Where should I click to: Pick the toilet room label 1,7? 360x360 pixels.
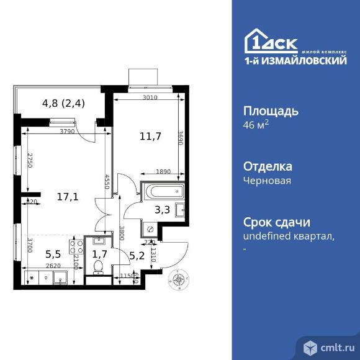[x=99, y=253]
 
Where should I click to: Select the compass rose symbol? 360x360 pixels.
[x=179, y=281]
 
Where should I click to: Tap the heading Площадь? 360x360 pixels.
[x=270, y=112]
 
